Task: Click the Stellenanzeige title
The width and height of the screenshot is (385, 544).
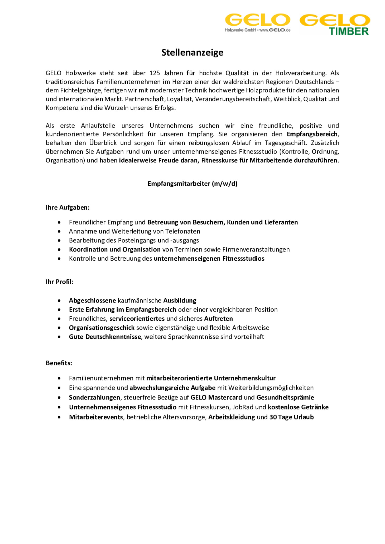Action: pos(192,52)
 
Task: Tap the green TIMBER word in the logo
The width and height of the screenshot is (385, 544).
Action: pos(349,31)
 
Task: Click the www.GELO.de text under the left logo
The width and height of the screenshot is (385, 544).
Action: pos(275,30)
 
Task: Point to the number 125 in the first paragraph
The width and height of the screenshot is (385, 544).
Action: pos(155,73)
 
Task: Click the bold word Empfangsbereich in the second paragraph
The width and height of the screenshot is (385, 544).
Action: pos(312,134)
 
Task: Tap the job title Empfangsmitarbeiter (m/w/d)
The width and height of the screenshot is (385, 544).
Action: pos(192,184)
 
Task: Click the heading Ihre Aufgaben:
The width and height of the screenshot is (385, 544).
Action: pos(68,207)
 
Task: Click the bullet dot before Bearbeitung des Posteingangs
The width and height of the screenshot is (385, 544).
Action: pos(59,240)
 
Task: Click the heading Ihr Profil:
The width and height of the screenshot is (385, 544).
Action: pos(60,282)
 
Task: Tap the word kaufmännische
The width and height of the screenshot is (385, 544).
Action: pos(139,300)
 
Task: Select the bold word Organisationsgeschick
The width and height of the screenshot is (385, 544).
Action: pos(102,328)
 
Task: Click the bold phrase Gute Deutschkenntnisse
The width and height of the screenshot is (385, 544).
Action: pos(105,337)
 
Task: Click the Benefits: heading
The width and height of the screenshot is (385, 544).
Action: pos(59,363)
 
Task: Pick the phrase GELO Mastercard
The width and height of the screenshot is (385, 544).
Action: pos(216,397)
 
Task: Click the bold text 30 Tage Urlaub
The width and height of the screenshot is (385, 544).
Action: pos(291,417)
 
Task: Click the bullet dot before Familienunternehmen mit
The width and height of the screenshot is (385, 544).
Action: pos(59,378)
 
